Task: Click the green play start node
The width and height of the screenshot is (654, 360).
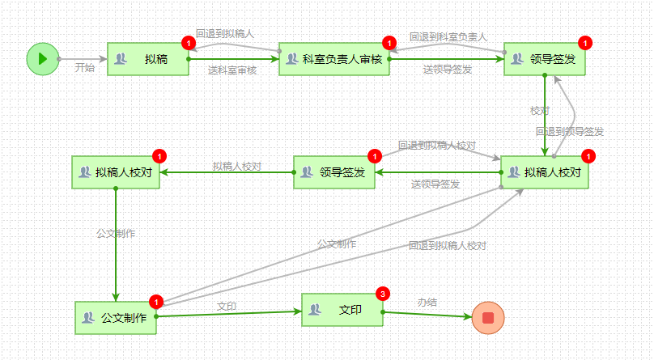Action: tap(42, 59)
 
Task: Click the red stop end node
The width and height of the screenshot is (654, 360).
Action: tap(487, 317)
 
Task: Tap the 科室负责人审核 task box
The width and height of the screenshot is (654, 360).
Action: tap(333, 59)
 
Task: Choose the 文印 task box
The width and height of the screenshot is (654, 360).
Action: tap(342, 310)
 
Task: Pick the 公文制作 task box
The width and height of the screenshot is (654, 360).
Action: tap(115, 318)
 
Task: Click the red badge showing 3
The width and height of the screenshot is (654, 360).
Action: tap(383, 294)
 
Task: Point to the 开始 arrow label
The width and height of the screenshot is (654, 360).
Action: tap(84, 68)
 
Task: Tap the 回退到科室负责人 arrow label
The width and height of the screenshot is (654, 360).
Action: tap(448, 36)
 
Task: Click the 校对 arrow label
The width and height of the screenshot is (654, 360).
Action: tap(540, 111)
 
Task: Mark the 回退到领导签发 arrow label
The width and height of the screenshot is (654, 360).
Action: tap(569, 131)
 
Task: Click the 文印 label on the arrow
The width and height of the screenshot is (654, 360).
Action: tap(227, 306)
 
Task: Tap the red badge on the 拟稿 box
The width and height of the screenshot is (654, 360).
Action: tap(188, 43)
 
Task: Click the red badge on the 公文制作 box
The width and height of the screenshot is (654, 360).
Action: tap(156, 302)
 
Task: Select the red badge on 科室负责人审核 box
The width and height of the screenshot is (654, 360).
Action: tap(389, 43)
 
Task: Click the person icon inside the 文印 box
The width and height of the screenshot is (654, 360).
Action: tap(315, 310)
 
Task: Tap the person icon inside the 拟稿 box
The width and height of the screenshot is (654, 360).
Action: tap(121, 59)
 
